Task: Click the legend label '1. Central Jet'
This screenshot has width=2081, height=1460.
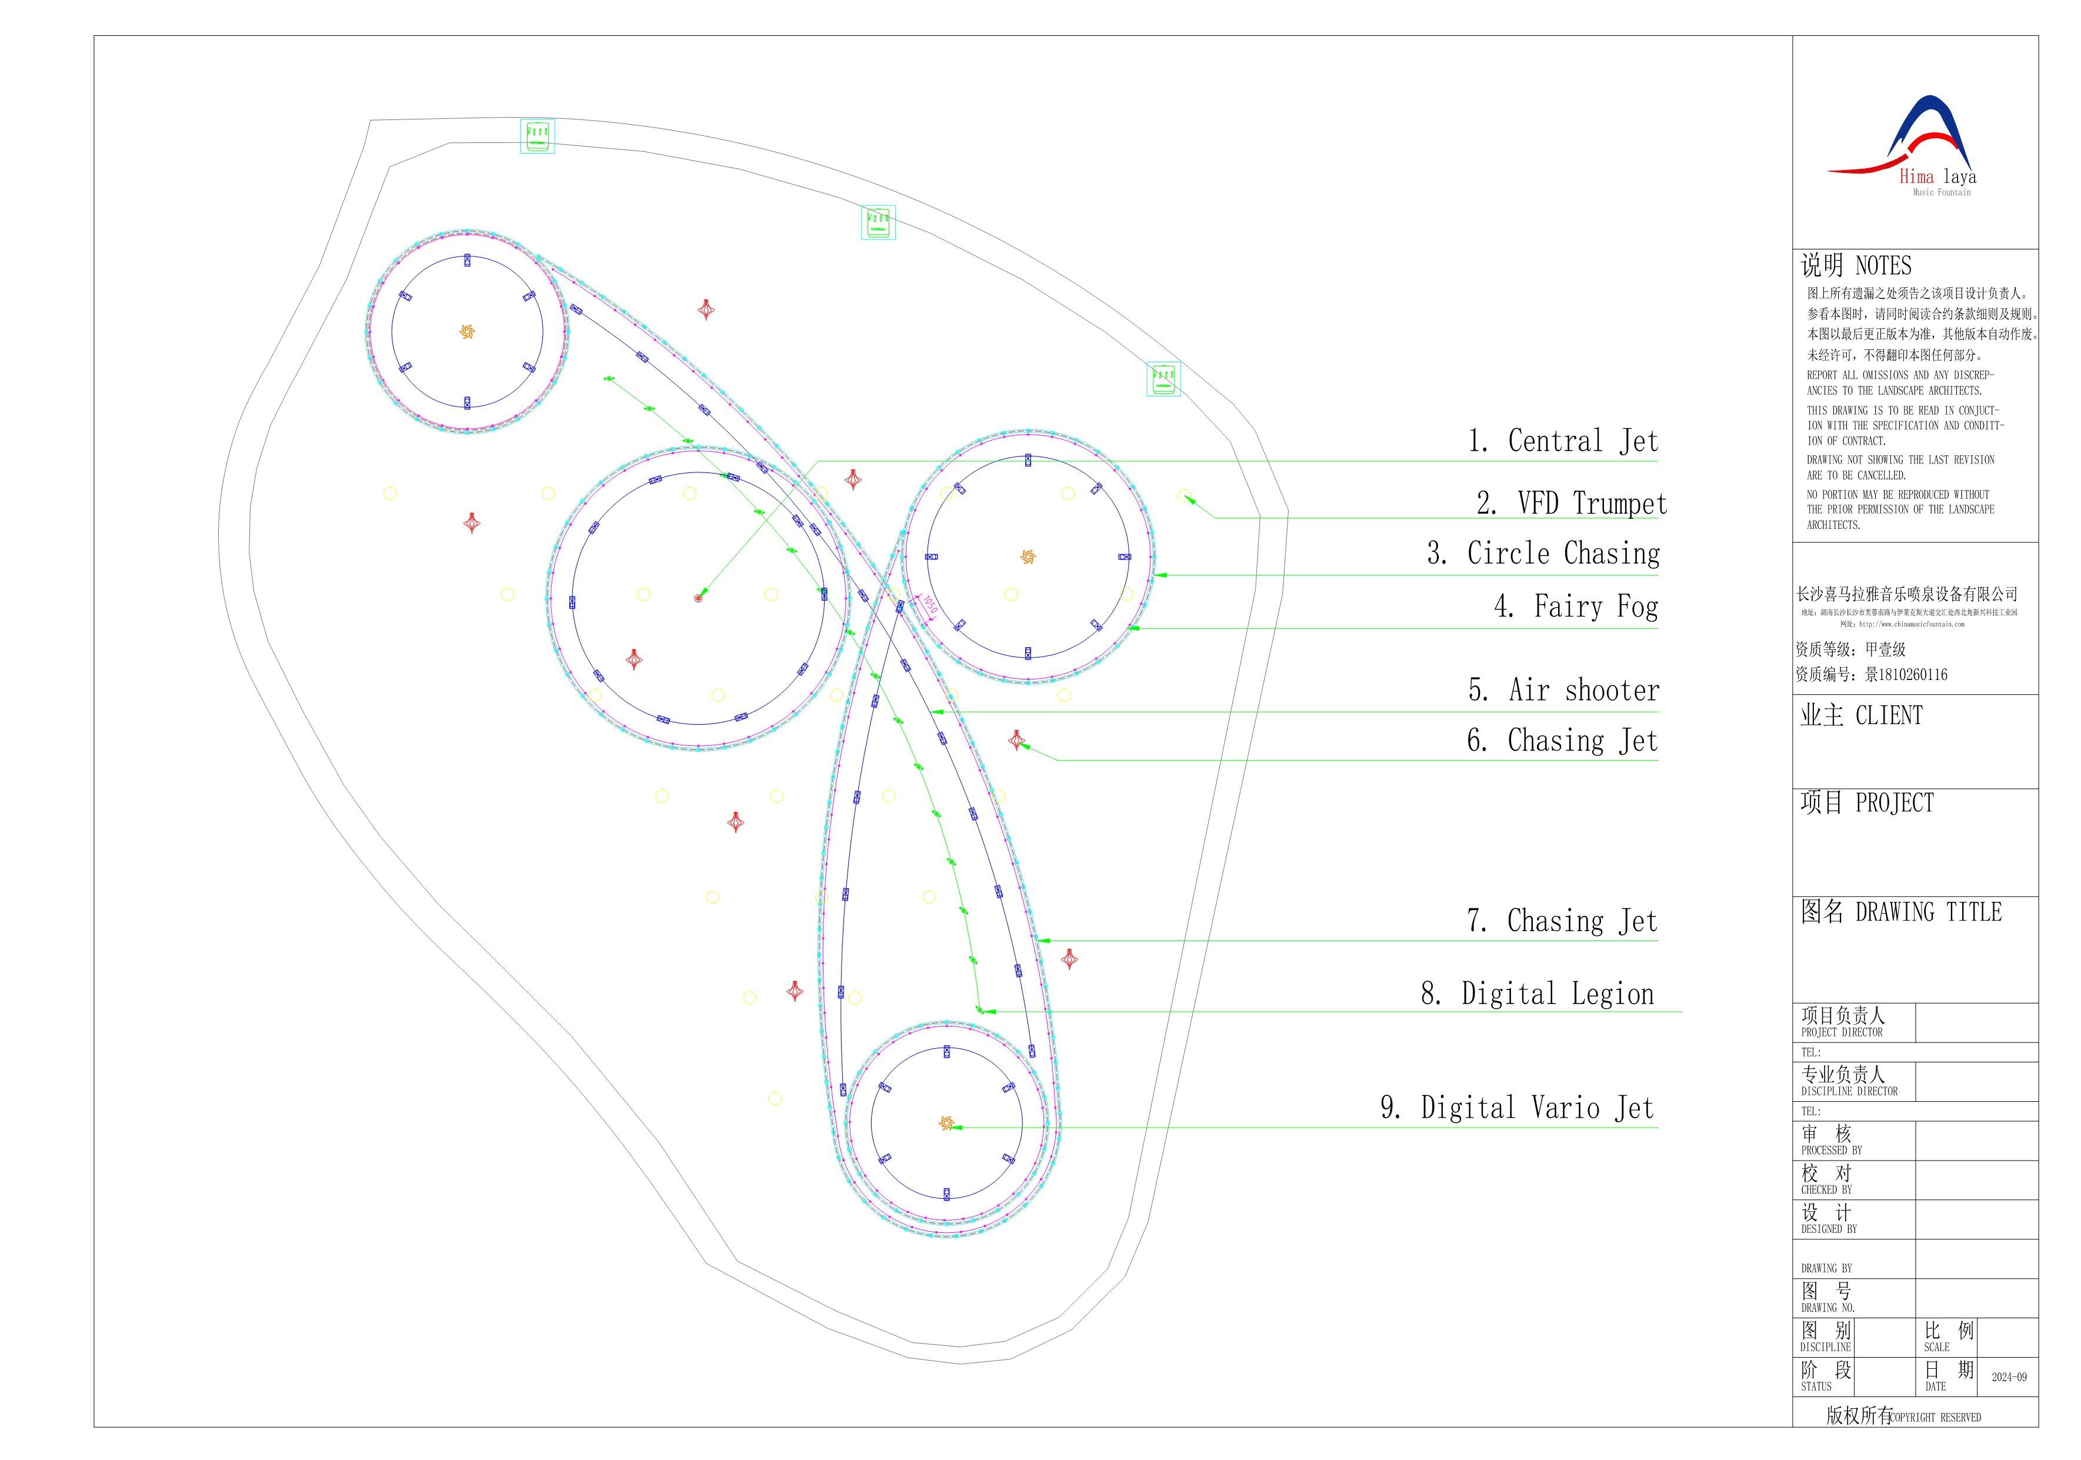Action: (x=1563, y=441)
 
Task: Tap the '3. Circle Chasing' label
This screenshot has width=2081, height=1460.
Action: (x=1543, y=553)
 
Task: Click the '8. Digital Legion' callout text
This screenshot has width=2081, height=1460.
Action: (x=1537, y=994)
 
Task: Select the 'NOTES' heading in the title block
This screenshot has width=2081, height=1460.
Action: (x=1883, y=265)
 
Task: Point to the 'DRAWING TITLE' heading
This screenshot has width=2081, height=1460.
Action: (x=1928, y=912)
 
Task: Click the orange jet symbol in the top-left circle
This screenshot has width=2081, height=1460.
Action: (x=467, y=332)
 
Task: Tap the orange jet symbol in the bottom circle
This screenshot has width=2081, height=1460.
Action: (x=946, y=1123)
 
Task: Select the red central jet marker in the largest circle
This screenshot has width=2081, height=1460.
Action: (x=698, y=598)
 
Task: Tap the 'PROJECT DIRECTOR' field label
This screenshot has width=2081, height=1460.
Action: (x=1841, y=1032)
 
